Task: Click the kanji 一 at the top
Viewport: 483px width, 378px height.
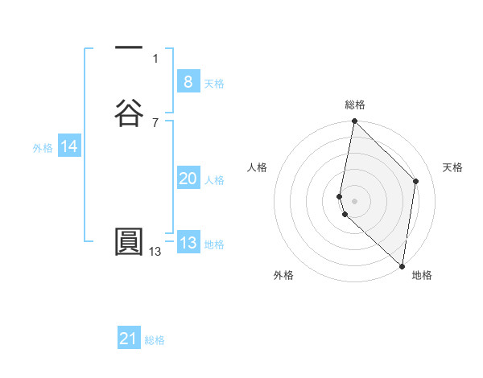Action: (129, 47)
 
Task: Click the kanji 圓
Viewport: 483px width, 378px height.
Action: (129, 241)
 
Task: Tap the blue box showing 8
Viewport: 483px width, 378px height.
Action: (188, 81)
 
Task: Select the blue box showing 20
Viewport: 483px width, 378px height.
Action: (188, 179)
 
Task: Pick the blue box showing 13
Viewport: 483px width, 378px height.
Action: (188, 243)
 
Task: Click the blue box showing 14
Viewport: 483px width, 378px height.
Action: (69, 146)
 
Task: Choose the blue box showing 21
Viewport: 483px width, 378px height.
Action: (129, 339)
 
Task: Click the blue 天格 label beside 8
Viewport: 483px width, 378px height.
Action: (214, 84)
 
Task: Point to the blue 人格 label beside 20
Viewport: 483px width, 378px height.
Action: (214, 180)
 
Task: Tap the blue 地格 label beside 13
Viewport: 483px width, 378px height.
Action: (214, 244)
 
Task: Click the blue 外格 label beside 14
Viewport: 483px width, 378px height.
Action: (43, 148)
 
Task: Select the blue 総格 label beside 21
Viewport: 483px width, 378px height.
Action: (155, 340)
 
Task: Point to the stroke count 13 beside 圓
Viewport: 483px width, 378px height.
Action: (155, 252)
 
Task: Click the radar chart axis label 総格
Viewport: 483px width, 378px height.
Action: (355, 105)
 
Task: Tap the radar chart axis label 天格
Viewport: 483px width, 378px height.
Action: (453, 167)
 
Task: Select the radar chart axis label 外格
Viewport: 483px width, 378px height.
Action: (283, 275)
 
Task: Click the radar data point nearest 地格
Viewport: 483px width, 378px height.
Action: (402, 265)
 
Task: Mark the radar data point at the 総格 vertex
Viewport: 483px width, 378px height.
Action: (354, 121)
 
